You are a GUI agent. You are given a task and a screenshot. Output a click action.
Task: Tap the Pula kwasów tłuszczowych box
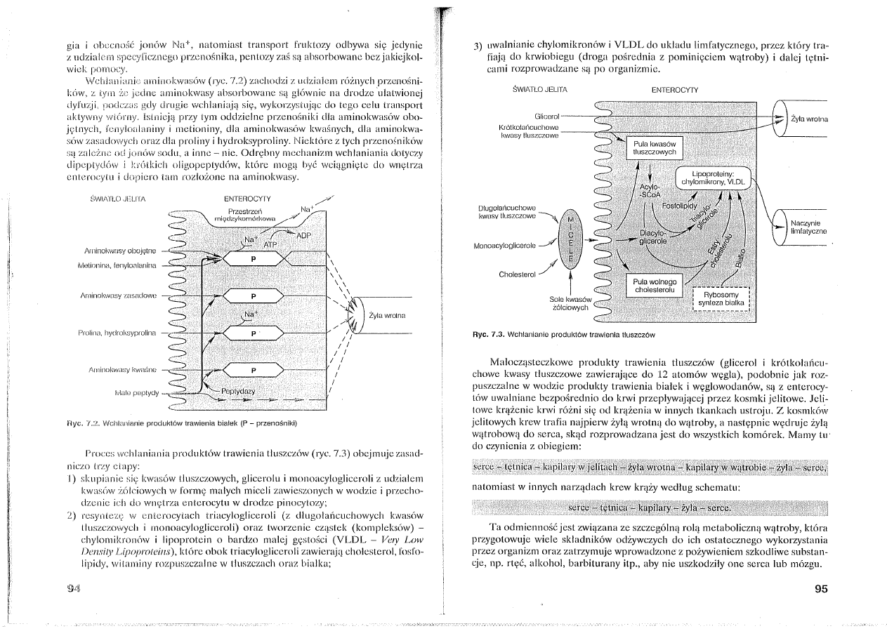[x=654, y=147]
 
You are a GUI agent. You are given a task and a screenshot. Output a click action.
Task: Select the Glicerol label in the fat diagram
[x=546, y=114]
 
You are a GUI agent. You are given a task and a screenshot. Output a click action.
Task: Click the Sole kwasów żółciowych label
[x=571, y=303]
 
